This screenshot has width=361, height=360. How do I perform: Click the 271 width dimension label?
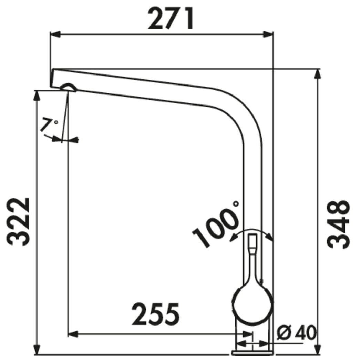(171, 18)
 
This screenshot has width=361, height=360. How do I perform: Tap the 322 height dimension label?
(18, 222)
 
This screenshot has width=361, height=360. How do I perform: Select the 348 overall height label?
(338, 224)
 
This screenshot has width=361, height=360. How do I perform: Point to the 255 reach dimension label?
(155, 314)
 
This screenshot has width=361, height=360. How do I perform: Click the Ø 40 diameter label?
(297, 333)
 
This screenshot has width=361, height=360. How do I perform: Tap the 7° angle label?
(49, 125)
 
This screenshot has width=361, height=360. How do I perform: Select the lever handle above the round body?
(252, 258)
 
